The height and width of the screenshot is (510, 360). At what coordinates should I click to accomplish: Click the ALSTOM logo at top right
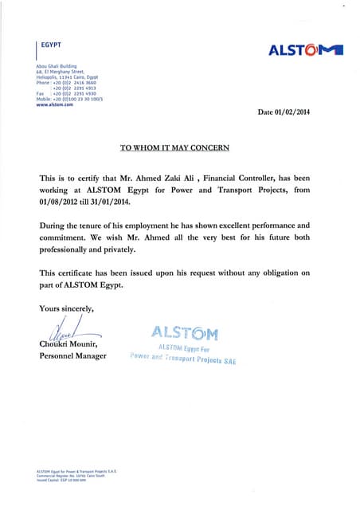(x=306, y=50)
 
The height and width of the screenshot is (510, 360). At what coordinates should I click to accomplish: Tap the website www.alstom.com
(x=54, y=104)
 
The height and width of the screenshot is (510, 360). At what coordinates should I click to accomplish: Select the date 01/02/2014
(x=284, y=112)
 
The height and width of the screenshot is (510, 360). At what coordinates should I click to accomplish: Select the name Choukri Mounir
(x=68, y=343)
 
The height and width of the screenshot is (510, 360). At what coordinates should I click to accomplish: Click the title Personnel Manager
(x=72, y=355)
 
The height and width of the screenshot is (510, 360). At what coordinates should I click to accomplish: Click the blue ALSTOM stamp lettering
(x=184, y=332)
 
